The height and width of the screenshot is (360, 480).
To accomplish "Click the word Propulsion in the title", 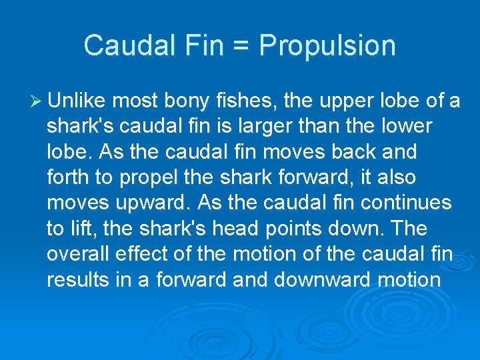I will coord(327,46).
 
